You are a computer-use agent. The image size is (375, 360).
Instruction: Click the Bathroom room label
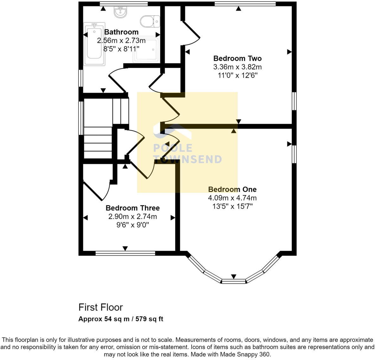[x=121, y=32]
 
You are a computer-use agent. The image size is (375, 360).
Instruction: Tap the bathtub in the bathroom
[x=94, y=44]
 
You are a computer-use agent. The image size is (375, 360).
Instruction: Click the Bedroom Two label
[x=237, y=58]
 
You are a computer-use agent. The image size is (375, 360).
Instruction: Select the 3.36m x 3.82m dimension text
[x=237, y=67]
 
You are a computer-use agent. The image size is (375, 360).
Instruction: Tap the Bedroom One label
[x=232, y=189]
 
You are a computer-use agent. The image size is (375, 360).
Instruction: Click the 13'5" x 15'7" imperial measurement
[x=232, y=206]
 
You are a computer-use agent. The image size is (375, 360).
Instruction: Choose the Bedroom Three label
[x=132, y=208]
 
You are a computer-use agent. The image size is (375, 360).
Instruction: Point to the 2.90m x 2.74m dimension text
[x=132, y=216]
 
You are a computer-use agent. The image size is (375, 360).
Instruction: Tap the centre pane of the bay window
[x=234, y=281]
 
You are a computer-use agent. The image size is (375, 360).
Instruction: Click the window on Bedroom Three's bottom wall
[x=125, y=253]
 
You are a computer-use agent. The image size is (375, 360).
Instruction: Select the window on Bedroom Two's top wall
[x=245, y=4]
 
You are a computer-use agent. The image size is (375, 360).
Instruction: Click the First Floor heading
[x=100, y=307]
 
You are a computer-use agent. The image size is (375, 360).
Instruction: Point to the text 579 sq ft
[x=149, y=319]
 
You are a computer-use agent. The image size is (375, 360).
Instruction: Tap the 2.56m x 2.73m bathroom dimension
[x=121, y=41]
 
